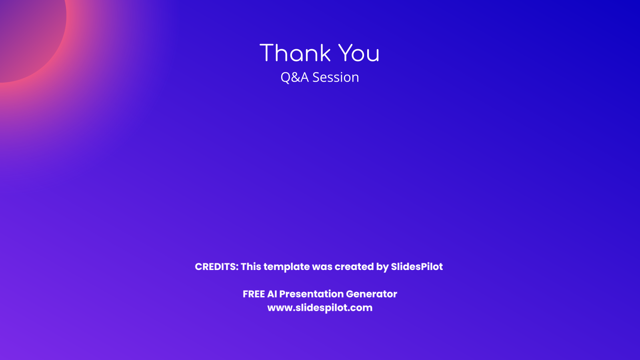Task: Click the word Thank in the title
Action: coord(295,53)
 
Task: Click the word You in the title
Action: coord(359,53)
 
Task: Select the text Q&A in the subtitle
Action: coord(294,78)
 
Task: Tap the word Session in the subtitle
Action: coord(336,78)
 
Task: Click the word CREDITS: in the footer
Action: coord(216,266)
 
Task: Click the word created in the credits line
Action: coord(354,266)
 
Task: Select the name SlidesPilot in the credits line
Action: coord(417,266)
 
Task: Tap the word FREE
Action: coord(254,294)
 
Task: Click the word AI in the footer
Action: coord(272,294)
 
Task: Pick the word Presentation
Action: coord(312,294)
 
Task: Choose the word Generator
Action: coord(372,294)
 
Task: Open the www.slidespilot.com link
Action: coord(320,308)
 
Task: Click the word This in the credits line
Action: coord(251,266)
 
